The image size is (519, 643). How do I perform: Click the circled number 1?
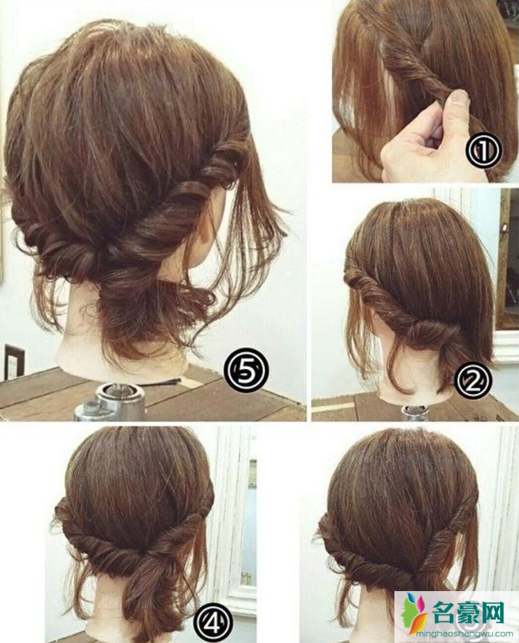485,152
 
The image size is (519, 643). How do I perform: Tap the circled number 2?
473,382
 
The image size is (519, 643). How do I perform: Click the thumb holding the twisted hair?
457,102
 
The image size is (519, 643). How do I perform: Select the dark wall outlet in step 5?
15,363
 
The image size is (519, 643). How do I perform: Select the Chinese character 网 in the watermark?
492,613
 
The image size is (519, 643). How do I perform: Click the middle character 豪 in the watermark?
468,613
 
